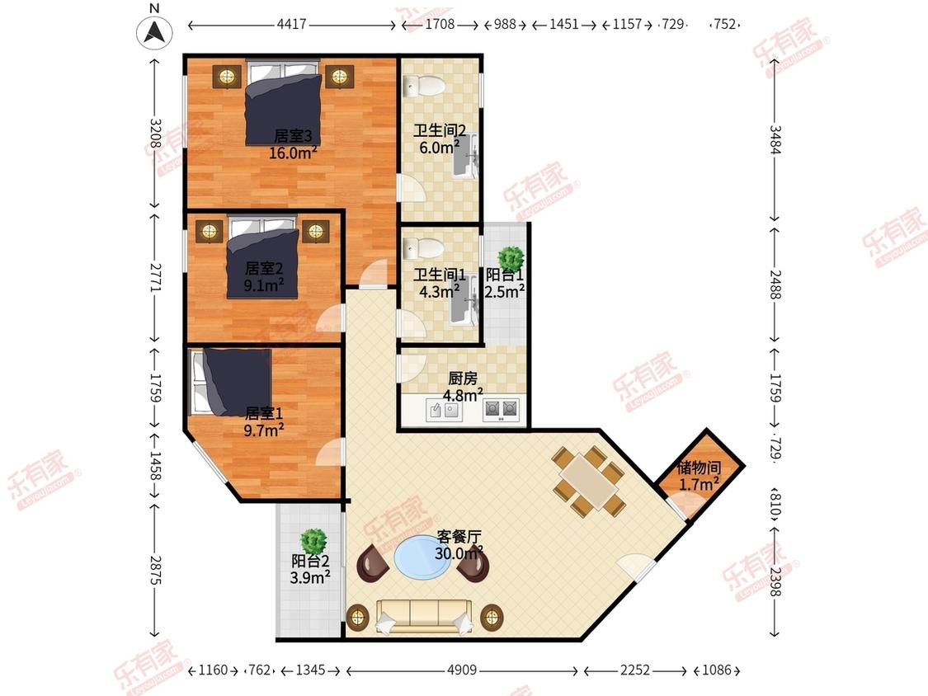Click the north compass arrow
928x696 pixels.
(154, 31)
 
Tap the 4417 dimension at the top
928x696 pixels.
(292, 24)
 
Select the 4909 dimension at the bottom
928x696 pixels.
(462, 670)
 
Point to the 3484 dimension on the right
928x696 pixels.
(775, 139)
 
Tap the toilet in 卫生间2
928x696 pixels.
(424, 87)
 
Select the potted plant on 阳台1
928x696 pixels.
(510, 259)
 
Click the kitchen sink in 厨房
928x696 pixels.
(443, 410)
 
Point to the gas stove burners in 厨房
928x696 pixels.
(501, 410)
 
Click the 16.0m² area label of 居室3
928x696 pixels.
(293, 153)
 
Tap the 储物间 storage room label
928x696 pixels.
(699, 468)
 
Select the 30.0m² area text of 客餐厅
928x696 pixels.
(459, 553)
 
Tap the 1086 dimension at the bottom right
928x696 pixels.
(717, 670)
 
